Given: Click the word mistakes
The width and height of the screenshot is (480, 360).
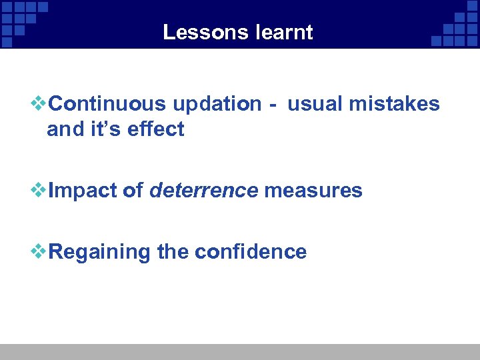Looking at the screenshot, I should tap(398, 104).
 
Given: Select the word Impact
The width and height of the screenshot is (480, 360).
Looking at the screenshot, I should tap(83, 191).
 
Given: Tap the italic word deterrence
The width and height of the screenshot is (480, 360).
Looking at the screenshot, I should tap(203, 191).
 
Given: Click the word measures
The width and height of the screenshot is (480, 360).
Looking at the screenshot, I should tap(313, 191).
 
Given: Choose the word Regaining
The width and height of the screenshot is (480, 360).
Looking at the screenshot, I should tap(100, 253).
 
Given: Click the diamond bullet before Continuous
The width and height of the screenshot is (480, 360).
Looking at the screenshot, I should tap(39, 104).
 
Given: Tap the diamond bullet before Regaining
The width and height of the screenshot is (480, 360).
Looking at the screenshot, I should tap(39, 252).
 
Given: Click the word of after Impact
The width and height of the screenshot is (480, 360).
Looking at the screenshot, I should tap(133, 191).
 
